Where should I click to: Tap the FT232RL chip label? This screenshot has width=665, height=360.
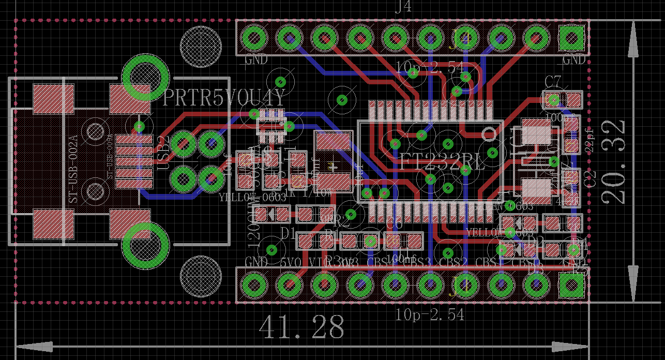pyautogui.click(x=443, y=162)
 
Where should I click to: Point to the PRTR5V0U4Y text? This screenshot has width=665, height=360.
pyautogui.click(x=223, y=98)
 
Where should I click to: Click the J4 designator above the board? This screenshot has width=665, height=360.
pyautogui.click(x=403, y=8)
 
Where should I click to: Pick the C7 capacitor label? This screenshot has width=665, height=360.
pyautogui.click(x=553, y=82)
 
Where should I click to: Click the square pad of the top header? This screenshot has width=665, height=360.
pyautogui.click(x=571, y=38)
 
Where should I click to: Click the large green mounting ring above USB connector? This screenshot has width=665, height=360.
pyautogui.click(x=145, y=78)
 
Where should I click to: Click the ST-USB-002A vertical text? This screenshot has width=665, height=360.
pyautogui.click(x=73, y=169)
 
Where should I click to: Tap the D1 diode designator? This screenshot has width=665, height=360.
pyautogui.click(x=288, y=232)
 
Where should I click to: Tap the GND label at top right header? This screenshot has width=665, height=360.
pyautogui.click(x=574, y=61)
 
